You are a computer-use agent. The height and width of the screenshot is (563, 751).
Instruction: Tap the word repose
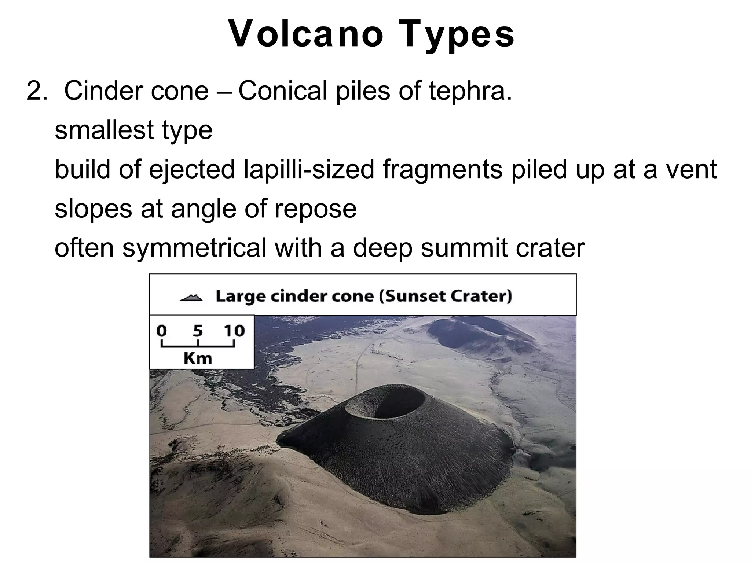pos(315,209)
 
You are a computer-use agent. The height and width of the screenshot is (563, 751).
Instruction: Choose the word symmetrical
pos(194,248)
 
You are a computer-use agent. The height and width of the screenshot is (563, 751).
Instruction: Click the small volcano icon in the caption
pos(191,297)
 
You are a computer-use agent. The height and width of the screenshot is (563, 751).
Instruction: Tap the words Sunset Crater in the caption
pos(446,296)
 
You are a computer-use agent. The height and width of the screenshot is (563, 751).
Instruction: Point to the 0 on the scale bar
pos(161,331)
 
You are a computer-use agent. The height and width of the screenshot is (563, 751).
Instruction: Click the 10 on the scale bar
pos(234,331)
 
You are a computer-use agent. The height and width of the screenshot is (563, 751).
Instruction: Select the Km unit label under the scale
pos(198,358)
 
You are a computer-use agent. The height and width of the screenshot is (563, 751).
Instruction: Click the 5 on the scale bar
pos(198,331)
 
